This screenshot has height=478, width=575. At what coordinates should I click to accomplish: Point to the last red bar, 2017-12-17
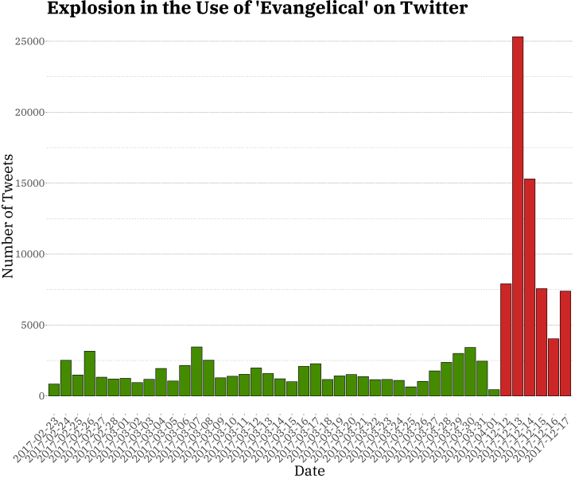[x=565, y=343]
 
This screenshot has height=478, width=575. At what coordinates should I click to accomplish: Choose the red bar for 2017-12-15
[x=542, y=342]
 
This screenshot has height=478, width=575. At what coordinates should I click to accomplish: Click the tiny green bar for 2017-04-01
[x=494, y=392]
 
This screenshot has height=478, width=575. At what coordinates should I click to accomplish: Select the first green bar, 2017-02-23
[x=54, y=390]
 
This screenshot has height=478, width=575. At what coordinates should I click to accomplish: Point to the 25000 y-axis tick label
[x=29, y=41]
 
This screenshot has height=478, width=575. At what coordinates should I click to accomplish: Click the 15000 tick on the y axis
[x=29, y=183]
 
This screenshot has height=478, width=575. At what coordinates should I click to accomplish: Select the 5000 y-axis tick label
[x=32, y=326]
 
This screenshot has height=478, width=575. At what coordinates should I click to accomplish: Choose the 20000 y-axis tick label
[x=29, y=113]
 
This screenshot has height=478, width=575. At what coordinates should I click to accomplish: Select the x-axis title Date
[x=309, y=471]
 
